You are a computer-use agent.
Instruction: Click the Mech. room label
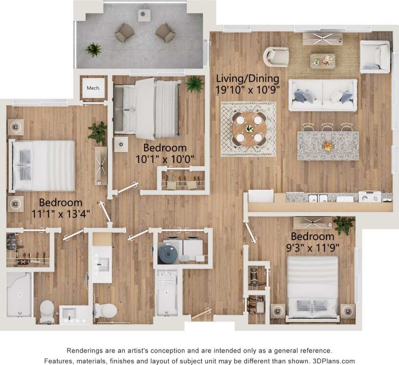93,88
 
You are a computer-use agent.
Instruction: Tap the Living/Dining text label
248,78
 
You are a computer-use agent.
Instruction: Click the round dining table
248,128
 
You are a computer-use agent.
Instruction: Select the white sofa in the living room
323,96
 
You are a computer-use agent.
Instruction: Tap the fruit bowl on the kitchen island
328,146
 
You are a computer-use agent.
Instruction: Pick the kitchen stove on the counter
369,197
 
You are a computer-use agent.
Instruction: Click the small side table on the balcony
144,15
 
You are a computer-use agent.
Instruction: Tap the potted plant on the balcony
93,50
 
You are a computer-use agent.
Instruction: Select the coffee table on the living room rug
322,61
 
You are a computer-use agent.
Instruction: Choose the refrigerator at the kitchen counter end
261,197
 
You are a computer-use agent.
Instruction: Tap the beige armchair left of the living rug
276,56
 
